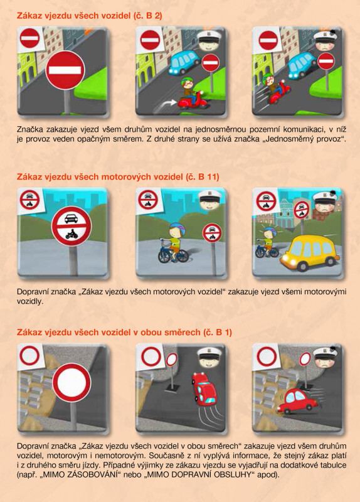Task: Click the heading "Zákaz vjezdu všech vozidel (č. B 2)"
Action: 89,16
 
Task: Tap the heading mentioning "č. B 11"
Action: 118,177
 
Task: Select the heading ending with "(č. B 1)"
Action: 124,332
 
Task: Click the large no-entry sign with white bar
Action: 65,70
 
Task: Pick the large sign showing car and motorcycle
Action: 71,226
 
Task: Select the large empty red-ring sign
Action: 71,382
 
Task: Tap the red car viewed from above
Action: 204,388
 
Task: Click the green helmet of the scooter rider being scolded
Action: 268,78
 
